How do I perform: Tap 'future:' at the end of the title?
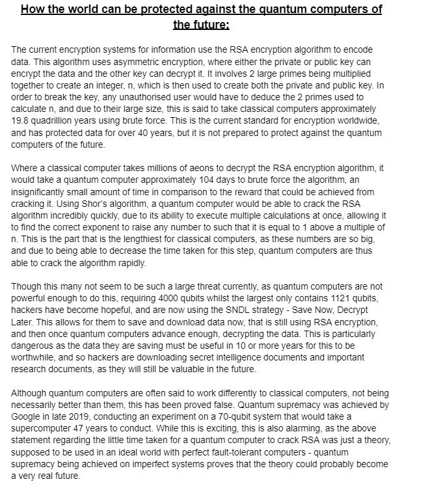(x=202, y=25)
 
